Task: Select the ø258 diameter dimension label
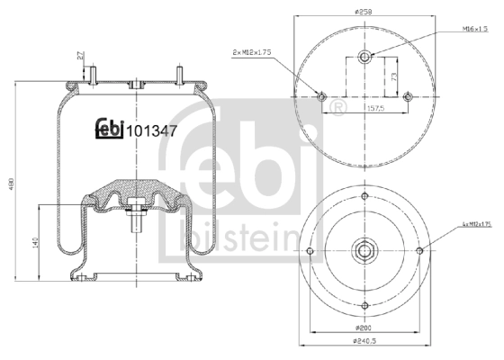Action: click(364, 11)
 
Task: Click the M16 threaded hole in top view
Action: click(364, 58)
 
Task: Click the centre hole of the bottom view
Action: click(364, 250)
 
